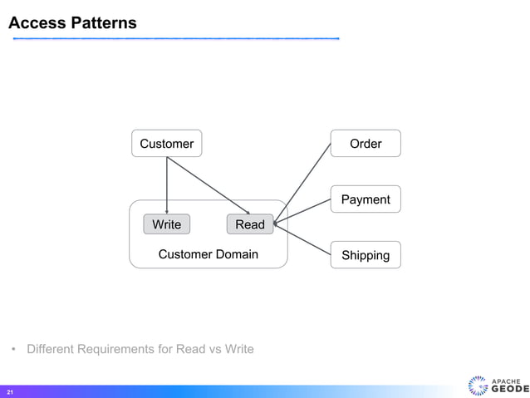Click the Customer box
(166, 144)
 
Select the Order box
(366, 144)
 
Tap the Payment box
(366, 199)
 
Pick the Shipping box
(366, 255)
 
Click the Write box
(166, 224)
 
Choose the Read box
(249, 224)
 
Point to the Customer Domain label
(208, 254)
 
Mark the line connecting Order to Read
(303, 184)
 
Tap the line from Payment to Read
(303, 211)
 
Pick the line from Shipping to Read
(303, 239)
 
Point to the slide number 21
(10, 391)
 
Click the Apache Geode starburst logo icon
(478, 386)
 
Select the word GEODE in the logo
(508, 389)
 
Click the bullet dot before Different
(14, 349)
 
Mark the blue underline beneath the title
(174, 38)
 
